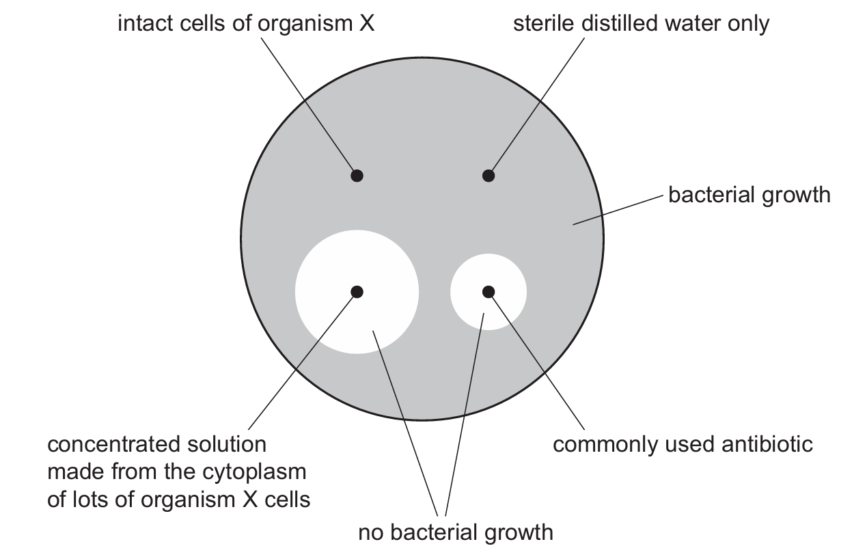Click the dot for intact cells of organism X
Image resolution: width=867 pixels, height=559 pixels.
(356, 176)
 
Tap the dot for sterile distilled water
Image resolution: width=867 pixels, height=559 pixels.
(488, 176)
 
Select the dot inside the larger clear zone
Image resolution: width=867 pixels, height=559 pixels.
(356, 292)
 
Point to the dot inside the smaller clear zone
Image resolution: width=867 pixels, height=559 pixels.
(488, 292)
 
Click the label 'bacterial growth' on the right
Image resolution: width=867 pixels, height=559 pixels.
(749, 195)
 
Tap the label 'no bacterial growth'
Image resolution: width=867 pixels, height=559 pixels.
(456, 532)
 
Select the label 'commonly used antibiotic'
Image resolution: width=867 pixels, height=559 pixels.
(683, 445)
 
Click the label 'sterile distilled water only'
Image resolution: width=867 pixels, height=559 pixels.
(642, 24)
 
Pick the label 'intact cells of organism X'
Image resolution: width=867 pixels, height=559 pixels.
(247, 24)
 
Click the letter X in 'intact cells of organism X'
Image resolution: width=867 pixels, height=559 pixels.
(368, 24)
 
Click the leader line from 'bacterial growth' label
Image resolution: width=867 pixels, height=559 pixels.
(618, 209)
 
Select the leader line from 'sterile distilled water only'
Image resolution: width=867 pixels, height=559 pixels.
(536, 106)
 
